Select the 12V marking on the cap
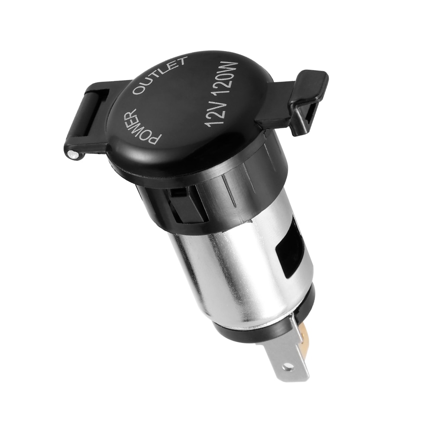215,111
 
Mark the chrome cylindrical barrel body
234,268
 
